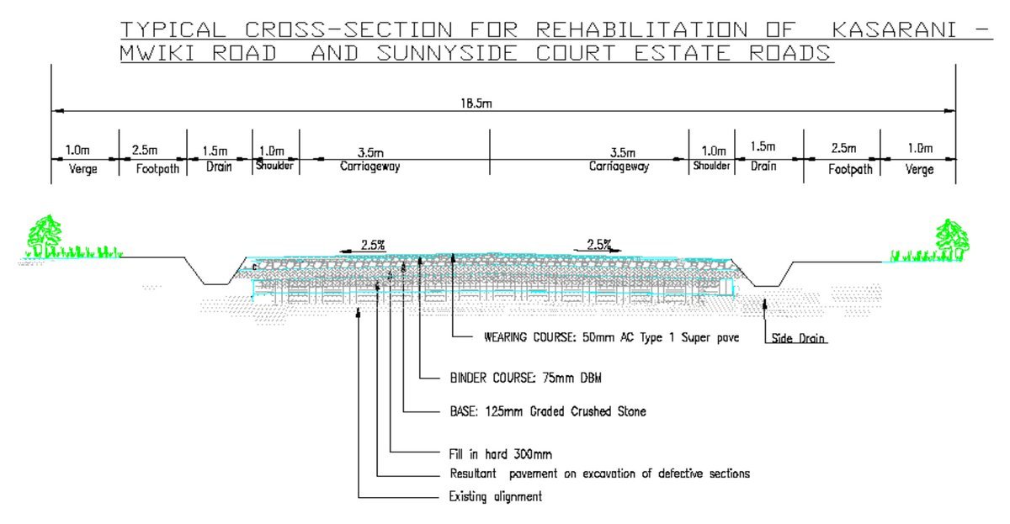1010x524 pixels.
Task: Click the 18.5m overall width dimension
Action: pyautogui.click(x=481, y=103)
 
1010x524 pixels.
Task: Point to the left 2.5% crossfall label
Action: pyautogui.click(x=373, y=246)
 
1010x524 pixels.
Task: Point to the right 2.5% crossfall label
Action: pyautogui.click(x=598, y=246)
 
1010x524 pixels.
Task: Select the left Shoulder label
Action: pyautogui.click(x=274, y=166)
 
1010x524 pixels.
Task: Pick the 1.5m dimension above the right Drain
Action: pyautogui.click(x=763, y=147)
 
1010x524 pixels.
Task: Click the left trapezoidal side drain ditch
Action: pyautogui.click(x=215, y=276)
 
